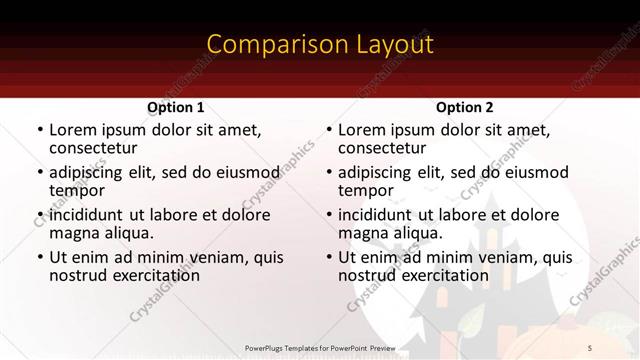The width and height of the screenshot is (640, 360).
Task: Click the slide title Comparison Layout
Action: pos(320,45)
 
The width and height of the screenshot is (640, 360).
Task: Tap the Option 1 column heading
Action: pos(176,107)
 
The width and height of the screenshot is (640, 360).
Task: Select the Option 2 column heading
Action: pos(464,107)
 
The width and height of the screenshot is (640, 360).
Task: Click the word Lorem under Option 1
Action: pos(73,130)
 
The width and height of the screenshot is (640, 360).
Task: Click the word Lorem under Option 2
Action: pos(362,130)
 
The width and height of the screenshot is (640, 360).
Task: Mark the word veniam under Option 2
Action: pos(486,257)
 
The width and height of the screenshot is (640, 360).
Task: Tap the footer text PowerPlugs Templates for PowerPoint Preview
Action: pos(320,347)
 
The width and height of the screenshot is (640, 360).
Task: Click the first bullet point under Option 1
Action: pos(39,131)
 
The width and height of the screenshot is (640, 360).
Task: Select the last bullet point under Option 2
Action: pos(328,257)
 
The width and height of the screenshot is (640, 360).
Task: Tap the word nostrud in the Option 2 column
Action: pos(367,275)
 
